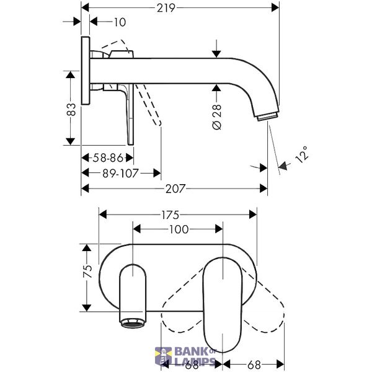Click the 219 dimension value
click(x=166, y=8)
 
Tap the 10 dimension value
click(x=120, y=22)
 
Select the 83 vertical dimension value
click(x=71, y=109)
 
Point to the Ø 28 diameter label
click(x=217, y=117)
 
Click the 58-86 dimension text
click(x=108, y=157)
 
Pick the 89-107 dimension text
click(x=120, y=174)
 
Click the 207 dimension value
click(x=175, y=189)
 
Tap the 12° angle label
click(x=303, y=154)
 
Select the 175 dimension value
click(x=170, y=215)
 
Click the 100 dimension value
click(x=179, y=229)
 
